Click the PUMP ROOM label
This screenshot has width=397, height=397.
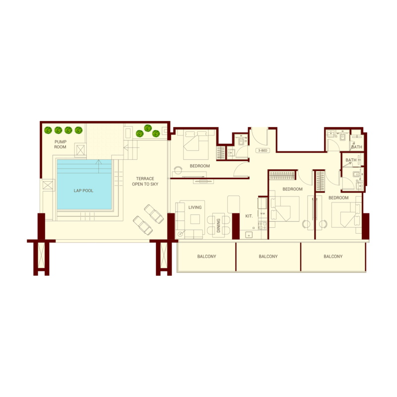(61, 144)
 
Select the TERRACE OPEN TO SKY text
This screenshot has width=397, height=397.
(143, 181)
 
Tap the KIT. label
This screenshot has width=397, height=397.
(249, 216)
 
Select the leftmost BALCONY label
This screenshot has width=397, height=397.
(206, 257)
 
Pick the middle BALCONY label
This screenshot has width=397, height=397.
(268, 257)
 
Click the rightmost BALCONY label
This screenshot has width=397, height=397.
(333, 257)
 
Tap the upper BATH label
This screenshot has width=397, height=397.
(357, 147)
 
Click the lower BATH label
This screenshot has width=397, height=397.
(351, 160)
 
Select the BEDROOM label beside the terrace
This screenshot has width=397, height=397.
(199, 166)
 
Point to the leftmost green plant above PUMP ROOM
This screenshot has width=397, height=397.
(48, 131)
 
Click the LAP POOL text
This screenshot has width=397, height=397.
(83, 190)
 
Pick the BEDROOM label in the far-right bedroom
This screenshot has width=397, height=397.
(338, 198)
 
